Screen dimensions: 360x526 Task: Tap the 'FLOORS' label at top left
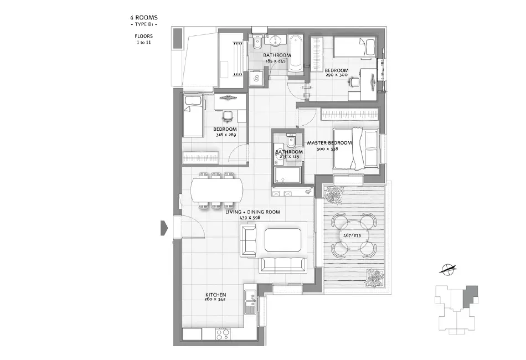tap(144, 36)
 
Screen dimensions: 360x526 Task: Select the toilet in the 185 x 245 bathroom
tap(256, 43)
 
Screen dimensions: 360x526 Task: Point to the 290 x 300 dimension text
tap(336, 75)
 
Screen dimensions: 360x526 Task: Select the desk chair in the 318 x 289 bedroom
tap(228, 117)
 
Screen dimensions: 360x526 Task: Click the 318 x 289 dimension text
tap(225, 135)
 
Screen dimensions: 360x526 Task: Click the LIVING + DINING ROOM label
tap(252, 212)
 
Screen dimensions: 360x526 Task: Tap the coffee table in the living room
tap(284, 239)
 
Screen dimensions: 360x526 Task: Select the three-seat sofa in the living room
tap(283, 264)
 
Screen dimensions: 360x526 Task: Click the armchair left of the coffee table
tap(249, 241)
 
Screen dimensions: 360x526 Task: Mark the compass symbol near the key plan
tap(449, 270)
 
